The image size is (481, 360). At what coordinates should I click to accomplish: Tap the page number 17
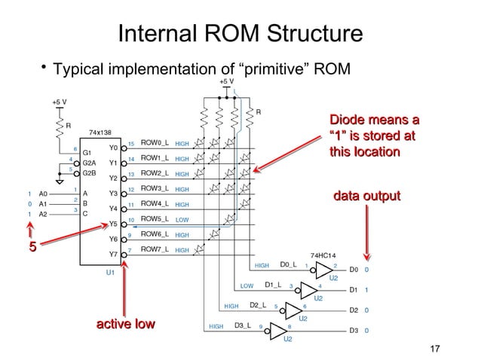point(433,349)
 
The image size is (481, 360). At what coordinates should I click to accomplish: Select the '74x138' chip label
point(101,132)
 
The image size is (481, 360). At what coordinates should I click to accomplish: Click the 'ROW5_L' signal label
point(154,219)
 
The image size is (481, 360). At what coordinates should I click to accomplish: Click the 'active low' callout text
point(126,325)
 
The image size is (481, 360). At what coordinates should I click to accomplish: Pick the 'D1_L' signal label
point(274,285)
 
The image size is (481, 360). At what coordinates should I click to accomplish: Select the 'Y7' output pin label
point(114,254)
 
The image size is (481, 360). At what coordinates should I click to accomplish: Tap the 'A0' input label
point(44,193)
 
